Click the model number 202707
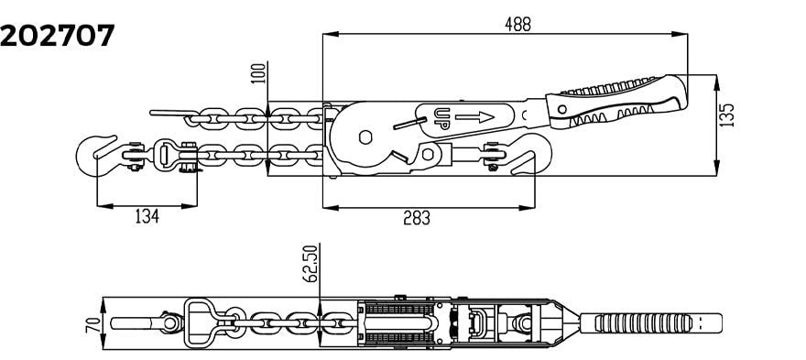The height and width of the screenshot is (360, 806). (x=57, y=36)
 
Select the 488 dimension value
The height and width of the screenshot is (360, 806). (x=517, y=24)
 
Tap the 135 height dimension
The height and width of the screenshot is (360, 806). (x=726, y=115)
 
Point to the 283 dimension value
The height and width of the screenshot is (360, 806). (x=417, y=218)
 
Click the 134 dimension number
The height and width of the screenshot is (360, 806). (x=147, y=217)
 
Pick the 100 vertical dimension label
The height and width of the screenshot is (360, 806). (x=259, y=73)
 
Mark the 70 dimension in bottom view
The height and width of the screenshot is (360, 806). (x=93, y=324)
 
